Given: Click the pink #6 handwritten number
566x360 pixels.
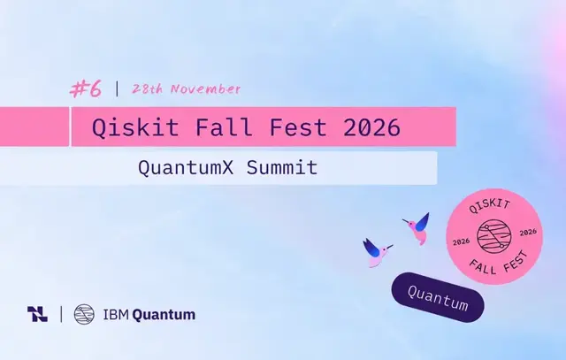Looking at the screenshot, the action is coord(86,88).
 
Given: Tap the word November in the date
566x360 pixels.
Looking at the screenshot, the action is coord(205,88).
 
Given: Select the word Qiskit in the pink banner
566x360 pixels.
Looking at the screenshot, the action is coord(135,127).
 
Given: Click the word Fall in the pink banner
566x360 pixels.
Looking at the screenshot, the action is coord(224,126).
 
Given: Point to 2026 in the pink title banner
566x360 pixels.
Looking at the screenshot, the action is coord(372,127).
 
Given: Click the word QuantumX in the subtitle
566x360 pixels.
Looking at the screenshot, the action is coord(186,168).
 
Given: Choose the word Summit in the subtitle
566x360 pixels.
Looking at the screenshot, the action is coord(282,167).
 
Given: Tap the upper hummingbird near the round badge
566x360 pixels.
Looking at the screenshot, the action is coord(417,228).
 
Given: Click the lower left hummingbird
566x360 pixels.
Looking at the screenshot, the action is coord(377,252).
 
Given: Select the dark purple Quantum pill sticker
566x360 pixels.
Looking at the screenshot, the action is coord(438,297).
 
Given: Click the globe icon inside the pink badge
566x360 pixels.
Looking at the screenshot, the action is coord(494,236).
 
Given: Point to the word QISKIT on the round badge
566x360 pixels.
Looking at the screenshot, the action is coord(489,206).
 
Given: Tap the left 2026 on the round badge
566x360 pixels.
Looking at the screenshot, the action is coord(461,241).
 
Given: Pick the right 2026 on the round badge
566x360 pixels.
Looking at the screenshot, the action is coord(528,232).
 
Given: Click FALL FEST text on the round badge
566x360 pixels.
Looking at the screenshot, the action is coord(499,264).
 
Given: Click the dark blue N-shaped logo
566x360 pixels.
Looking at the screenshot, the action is coord(37,314).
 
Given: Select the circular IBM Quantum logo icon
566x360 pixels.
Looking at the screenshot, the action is coord(84,314).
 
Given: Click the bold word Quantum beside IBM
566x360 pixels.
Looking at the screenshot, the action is coord(164,315).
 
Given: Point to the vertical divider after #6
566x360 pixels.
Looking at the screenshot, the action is coord(117,88).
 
